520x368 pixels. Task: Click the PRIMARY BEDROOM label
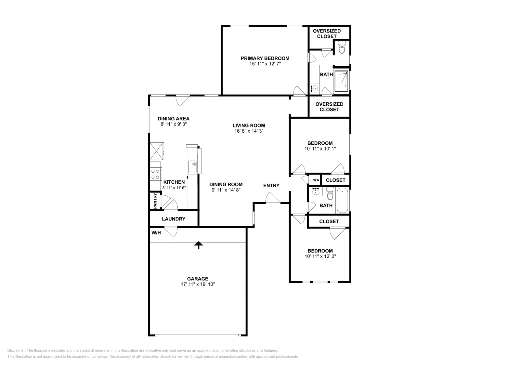click(x=265, y=59)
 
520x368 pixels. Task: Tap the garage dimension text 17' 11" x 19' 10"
click(x=198, y=284)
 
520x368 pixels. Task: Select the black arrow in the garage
click(x=198, y=245)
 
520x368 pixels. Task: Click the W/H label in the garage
click(x=156, y=233)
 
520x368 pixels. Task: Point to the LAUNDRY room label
click(x=174, y=219)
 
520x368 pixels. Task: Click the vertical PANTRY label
click(x=155, y=201)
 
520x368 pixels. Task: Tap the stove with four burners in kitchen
click(x=156, y=174)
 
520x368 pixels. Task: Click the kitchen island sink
click(x=192, y=167)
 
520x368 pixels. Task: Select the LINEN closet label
click(x=314, y=180)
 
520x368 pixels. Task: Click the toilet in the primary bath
click(x=342, y=48)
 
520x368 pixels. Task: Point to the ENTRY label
click(x=271, y=185)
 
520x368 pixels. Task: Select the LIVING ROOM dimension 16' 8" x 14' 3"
click(x=249, y=131)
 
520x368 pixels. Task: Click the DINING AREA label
click(x=174, y=119)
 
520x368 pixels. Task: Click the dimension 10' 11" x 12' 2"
click(x=320, y=256)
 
